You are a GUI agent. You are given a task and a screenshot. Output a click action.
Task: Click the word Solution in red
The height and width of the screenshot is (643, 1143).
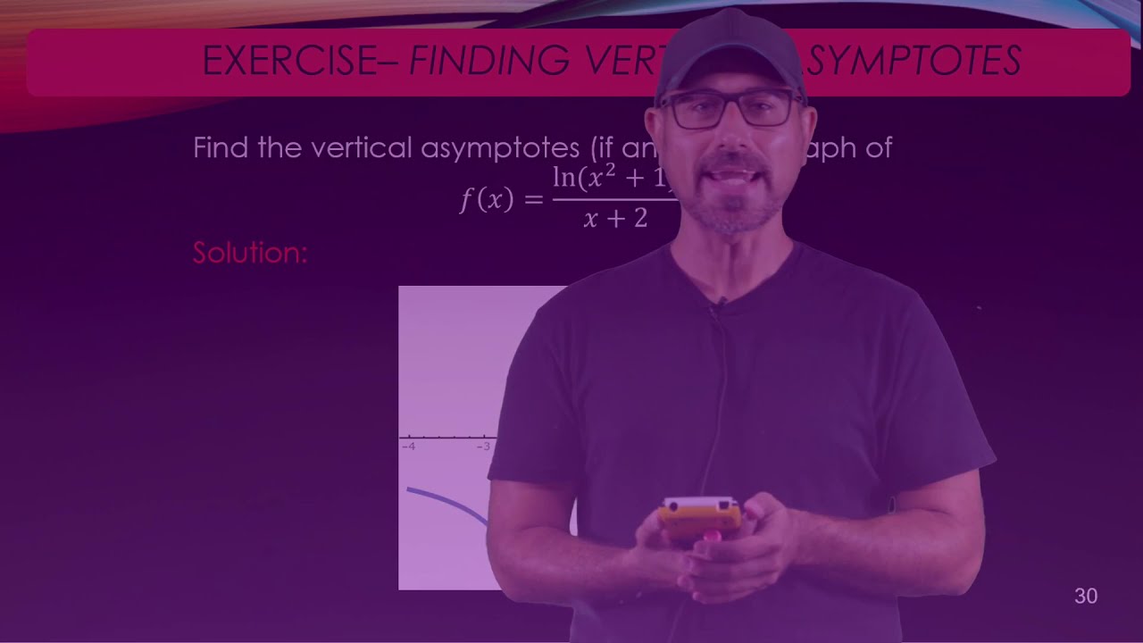click(x=250, y=253)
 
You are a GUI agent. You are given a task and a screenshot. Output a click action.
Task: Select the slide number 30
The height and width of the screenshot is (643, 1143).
click(x=1086, y=597)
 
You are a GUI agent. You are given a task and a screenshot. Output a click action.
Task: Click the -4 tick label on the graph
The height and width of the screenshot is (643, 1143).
click(x=408, y=446)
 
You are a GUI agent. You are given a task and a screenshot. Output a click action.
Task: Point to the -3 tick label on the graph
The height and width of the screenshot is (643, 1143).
click(x=484, y=446)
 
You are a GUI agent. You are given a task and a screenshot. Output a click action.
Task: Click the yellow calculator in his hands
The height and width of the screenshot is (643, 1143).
click(x=701, y=516)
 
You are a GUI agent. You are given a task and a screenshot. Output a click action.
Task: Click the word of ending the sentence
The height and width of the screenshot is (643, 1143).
click(x=877, y=147)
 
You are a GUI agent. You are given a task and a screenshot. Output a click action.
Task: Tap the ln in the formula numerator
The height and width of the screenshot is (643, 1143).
click(x=563, y=178)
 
